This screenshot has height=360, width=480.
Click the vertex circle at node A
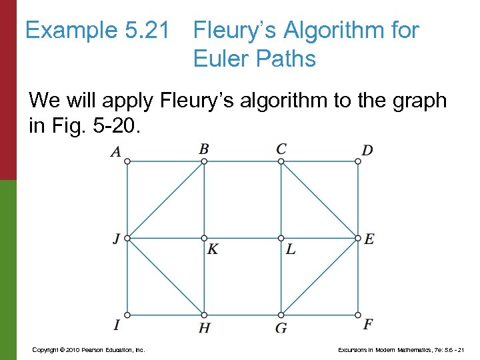click(x=127, y=161)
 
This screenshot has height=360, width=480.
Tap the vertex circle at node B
click(x=204, y=161)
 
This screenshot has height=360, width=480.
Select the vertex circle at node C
click(x=281, y=161)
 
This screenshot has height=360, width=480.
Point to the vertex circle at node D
click(x=358, y=161)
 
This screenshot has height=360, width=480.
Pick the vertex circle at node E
click(x=358, y=238)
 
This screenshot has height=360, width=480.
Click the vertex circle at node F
click(x=358, y=315)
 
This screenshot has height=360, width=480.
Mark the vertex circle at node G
click(x=281, y=315)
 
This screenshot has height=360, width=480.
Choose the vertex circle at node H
click(x=204, y=315)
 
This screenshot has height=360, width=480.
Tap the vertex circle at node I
click(x=127, y=315)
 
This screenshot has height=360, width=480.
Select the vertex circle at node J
click(x=127, y=238)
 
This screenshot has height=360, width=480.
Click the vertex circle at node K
click(x=204, y=238)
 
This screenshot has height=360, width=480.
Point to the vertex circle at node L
click(x=281, y=238)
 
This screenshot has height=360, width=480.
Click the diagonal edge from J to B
click(x=165, y=199)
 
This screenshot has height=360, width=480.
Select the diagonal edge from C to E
click(x=320, y=199)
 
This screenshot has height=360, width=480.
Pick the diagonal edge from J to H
click(x=165, y=276)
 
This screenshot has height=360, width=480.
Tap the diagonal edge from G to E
click(x=320, y=276)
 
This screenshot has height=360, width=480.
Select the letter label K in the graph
click(x=213, y=250)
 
